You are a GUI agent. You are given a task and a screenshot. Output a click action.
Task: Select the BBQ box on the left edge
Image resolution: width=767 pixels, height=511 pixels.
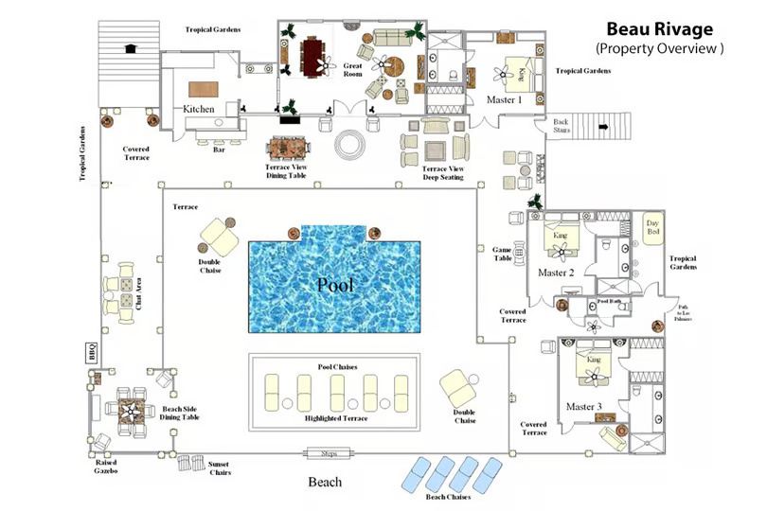[93, 351]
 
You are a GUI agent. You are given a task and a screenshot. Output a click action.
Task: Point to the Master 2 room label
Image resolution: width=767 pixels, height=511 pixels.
[557, 273]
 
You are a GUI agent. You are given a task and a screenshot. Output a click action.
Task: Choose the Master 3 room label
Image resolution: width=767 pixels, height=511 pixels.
[583, 406]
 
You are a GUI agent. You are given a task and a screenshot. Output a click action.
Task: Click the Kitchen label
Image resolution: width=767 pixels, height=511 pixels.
[199, 109]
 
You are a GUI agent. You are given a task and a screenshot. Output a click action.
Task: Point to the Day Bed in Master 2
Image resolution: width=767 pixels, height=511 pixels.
[651, 232]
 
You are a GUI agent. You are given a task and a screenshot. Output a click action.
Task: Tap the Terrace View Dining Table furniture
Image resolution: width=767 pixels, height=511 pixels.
[289, 150]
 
